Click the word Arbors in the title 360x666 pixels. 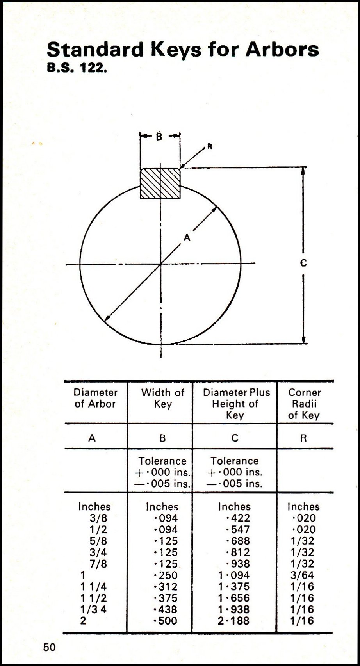point(282,50)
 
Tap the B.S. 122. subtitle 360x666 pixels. point(77,69)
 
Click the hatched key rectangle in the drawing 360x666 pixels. point(160,183)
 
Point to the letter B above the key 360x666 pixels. point(159,137)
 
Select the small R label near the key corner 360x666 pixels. point(210,146)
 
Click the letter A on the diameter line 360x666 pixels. point(187,238)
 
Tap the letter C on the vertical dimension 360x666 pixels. point(303,263)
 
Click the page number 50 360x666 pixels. point(49,647)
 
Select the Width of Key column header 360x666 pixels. point(162,398)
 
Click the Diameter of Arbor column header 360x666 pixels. point(95,398)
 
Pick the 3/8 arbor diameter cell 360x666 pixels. point(98,518)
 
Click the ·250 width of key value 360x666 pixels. point(166,575)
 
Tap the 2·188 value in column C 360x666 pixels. point(233,621)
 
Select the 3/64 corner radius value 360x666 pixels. point(302,575)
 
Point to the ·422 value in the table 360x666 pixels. point(238,518)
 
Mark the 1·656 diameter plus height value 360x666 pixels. point(234,598)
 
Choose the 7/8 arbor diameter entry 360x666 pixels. point(98,564)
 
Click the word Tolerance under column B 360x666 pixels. point(162,461)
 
